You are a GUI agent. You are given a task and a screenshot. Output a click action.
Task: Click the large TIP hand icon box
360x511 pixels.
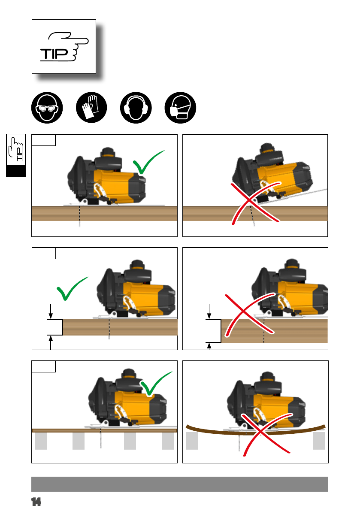[64, 47]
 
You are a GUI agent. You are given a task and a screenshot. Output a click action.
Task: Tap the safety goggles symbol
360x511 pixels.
[47, 108]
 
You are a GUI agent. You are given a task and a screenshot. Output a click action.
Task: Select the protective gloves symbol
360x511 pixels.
[91, 108]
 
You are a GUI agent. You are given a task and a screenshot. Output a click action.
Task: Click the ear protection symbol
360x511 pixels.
[136, 108]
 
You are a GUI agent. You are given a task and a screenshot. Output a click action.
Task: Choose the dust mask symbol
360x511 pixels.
[181, 108]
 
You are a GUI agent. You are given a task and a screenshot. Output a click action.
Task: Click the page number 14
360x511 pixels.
[36, 502]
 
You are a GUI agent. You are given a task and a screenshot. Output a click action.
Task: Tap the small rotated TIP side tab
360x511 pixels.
[15, 155]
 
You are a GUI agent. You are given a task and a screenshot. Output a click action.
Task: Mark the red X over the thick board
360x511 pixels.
[250, 314]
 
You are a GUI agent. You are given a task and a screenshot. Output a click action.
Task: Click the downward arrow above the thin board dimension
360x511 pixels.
[51, 311]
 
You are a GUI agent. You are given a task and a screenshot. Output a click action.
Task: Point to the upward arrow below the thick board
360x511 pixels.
[209, 346]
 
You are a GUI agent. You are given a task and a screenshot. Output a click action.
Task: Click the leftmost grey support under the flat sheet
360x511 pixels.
[41, 441]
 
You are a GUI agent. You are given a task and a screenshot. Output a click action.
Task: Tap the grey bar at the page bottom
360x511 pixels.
[180, 484]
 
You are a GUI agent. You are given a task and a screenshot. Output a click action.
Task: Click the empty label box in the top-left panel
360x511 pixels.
[44, 140]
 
